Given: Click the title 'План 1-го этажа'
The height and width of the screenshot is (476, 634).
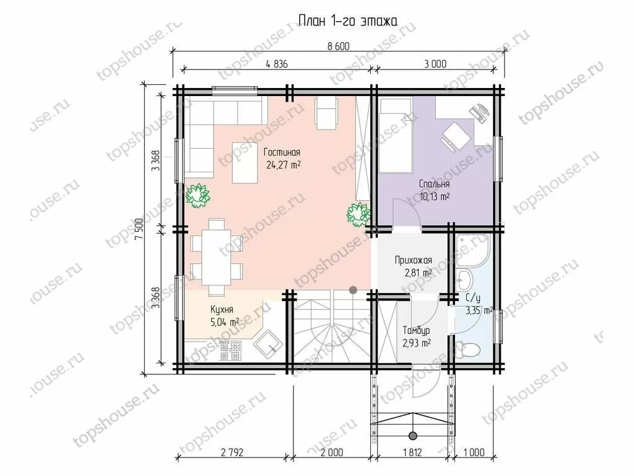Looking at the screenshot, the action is [348, 20].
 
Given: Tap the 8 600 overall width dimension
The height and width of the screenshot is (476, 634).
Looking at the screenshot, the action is [338, 46].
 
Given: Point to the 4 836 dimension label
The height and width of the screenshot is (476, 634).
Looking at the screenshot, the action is [277, 64].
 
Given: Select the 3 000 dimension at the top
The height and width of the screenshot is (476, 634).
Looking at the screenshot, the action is [435, 64].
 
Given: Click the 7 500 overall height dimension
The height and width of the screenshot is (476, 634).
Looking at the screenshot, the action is [139, 229].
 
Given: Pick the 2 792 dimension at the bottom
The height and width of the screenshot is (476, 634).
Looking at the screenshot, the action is [232, 452].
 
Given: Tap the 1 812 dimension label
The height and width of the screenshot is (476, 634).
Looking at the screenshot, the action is [412, 452].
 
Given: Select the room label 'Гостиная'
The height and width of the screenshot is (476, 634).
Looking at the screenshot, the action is [282, 152].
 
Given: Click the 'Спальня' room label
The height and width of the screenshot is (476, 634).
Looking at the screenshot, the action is [434, 184].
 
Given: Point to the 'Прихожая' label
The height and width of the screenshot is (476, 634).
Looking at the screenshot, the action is [413, 260].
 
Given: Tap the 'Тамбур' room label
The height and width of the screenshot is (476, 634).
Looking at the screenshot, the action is [416, 331].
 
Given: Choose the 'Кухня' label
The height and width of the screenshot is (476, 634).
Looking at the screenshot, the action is [222, 310].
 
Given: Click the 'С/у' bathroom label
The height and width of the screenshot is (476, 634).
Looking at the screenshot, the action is [472, 299].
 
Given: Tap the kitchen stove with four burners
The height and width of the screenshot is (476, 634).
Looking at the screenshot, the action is [230, 351].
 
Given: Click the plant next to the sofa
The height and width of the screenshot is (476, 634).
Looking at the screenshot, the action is [198, 196].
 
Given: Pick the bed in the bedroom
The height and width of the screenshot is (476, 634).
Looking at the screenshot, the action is [396, 135].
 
